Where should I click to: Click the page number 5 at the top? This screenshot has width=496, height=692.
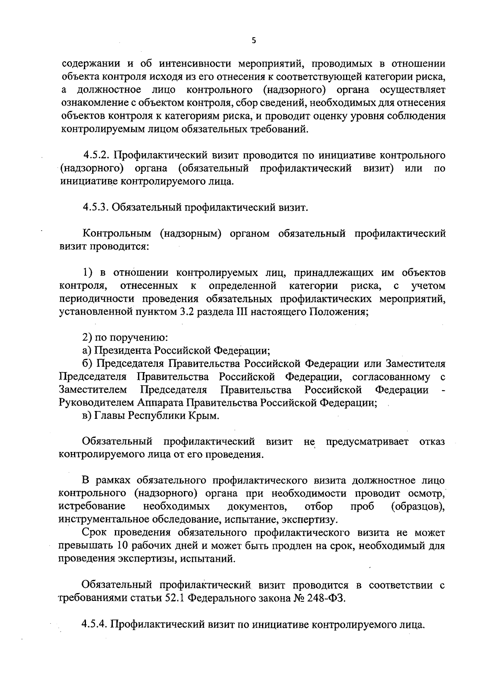coord(254,40)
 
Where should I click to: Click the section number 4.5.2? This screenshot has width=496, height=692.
coord(96,156)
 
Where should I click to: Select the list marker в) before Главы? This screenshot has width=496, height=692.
coord(87,416)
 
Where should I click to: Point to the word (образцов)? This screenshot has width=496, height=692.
coord(417,507)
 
